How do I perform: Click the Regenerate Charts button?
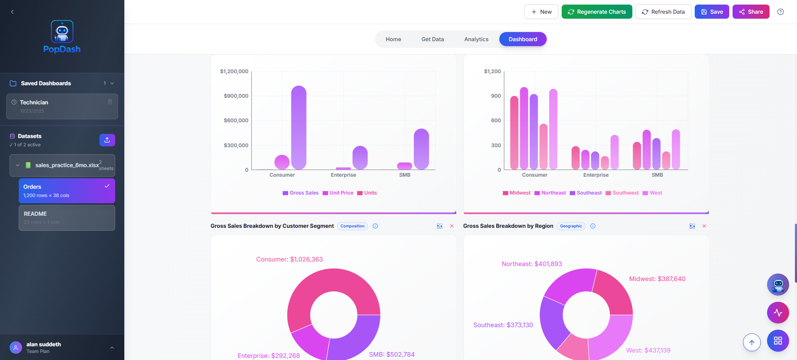tap(597, 12)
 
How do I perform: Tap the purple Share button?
tap(750, 12)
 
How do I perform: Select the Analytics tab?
tap(476, 39)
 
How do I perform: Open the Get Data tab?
tap(432, 39)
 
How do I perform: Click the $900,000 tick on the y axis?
tap(236, 96)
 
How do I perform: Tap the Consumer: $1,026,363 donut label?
tap(289, 259)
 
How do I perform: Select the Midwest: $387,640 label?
tap(657, 279)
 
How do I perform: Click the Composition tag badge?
tap(352, 226)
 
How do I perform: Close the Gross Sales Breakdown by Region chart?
tap(704, 226)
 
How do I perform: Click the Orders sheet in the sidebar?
tap(67, 191)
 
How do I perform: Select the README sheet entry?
tap(67, 217)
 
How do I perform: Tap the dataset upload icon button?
tap(107, 140)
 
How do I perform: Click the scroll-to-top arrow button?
tap(751, 342)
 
